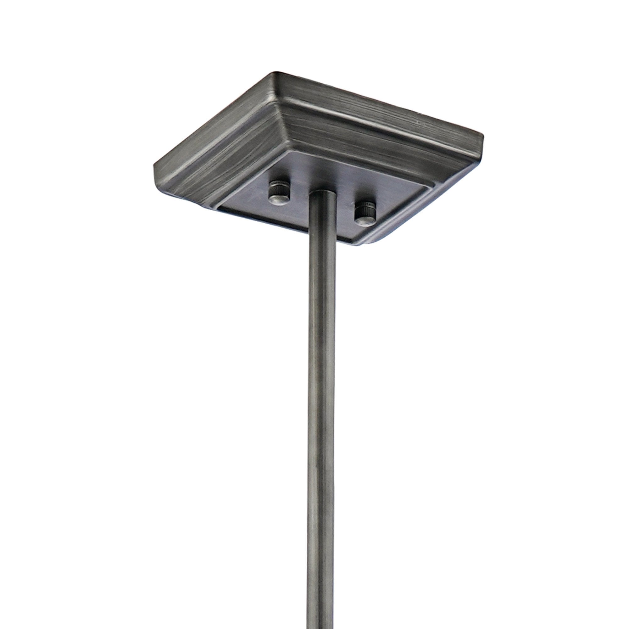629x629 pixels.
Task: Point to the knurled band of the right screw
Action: point(367,207)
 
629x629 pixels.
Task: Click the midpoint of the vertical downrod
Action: point(322,410)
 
